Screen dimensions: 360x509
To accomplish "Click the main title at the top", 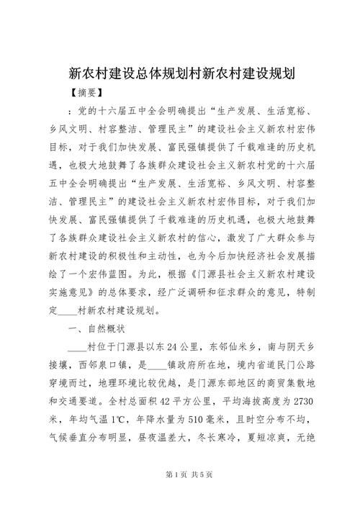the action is pyautogui.click(x=180, y=73).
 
